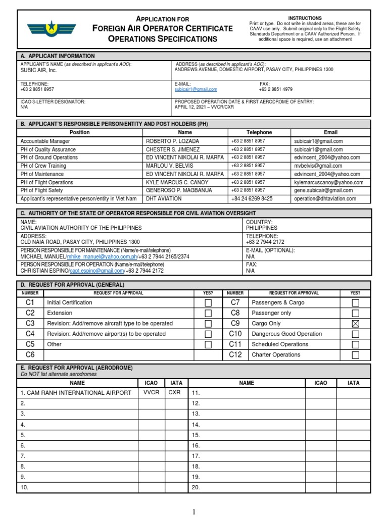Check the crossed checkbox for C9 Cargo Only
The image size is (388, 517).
(x=355, y=323)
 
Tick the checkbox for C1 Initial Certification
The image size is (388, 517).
(x=208, y=303)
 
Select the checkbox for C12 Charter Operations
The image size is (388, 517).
(x=355, y=355)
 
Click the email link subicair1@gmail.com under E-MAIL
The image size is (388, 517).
(x=196, y=89)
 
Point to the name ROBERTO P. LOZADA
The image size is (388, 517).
(x=172, y=141)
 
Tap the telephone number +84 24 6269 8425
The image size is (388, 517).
(x=252, y=199)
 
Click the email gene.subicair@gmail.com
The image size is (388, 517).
(x=323, y=190)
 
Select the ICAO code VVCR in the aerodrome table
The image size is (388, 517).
(x=152, y=392)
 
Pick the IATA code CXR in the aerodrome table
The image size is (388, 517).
(x=174, y=392)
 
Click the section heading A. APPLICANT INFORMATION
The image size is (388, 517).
(x=57, y=56)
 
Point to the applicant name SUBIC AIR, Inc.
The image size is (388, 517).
(x=38, y=71)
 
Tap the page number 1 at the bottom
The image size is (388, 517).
(x=194, y=511)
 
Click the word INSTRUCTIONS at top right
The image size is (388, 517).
(x=305, y=18)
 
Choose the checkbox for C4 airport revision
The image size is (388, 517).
(x=208, y=334)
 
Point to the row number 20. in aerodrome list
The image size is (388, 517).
(x=196, y=487)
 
